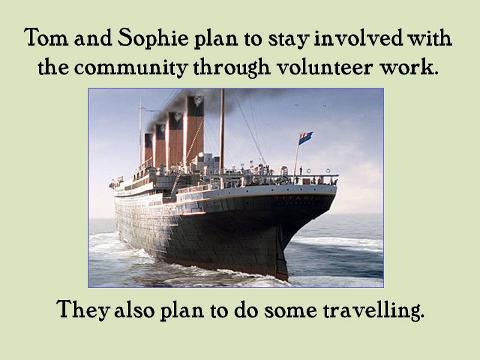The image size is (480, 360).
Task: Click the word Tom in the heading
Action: (x=46, y=37)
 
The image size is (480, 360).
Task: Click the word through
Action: (x=232, y=67)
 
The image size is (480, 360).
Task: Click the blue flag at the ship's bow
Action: (x=305, y=137)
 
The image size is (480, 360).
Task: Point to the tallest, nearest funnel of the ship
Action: (x=195, y=129)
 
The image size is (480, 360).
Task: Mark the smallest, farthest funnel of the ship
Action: (x=148, y=149)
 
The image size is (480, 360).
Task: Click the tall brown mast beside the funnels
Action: (x=222, y=132)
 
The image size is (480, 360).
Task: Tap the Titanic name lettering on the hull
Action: (x=297, y=199)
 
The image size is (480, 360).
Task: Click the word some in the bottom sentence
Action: (x=290, y=311)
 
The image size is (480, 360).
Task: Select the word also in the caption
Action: (x=134, y=310)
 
